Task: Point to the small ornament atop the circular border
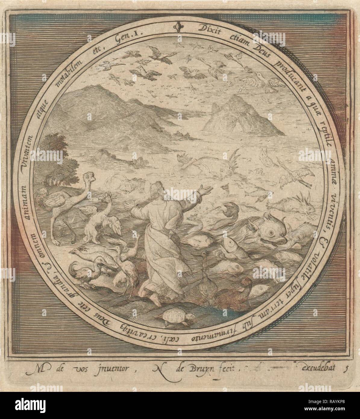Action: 179,27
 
